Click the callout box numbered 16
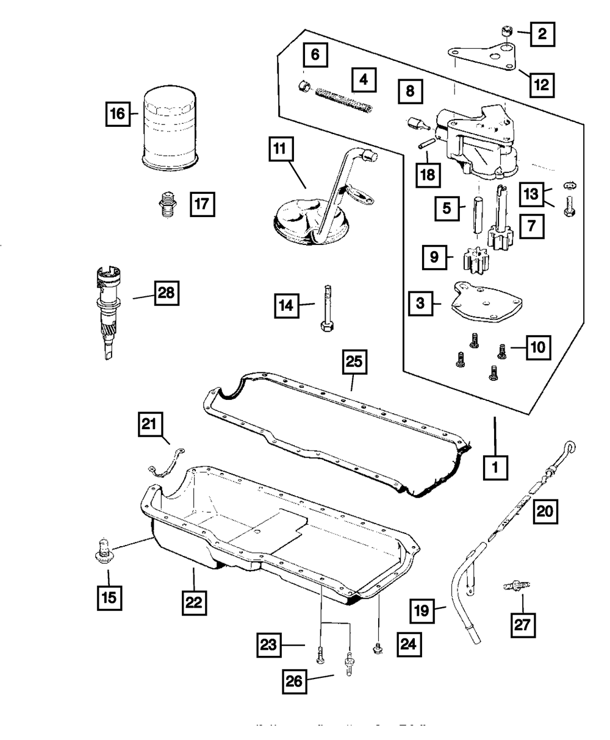(x=118, y=113)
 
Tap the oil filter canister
(x=170, y=129)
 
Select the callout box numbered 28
(x=166, y=294)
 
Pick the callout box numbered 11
(x=280, y=149)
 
